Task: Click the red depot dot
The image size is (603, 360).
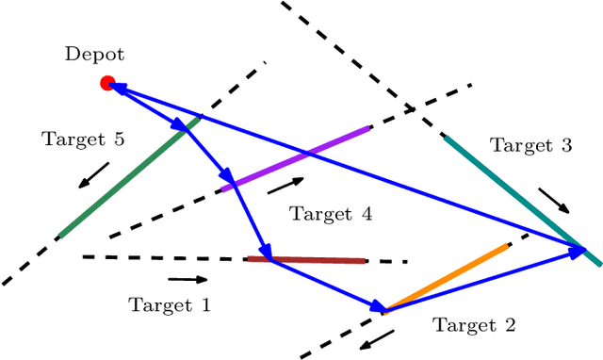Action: coord(107,83)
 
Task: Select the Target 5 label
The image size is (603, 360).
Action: coord(83,139)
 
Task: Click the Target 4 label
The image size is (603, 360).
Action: coord(331,214)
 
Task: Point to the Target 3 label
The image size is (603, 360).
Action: coord(530,145)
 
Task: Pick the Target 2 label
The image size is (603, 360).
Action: coord(475,325)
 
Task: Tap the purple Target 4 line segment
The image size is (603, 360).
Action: coord(296,158)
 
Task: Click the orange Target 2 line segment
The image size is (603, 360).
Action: coord(448,276)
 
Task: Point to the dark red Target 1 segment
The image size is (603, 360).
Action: coord(306,259)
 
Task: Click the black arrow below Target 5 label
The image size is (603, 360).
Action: coord(93,174)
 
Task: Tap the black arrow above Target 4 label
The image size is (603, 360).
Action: coord(286,185)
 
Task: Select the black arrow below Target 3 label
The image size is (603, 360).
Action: coord(555,201)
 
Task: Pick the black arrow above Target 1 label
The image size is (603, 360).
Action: coord(188,279)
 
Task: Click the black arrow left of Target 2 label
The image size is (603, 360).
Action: coord(378,336)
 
